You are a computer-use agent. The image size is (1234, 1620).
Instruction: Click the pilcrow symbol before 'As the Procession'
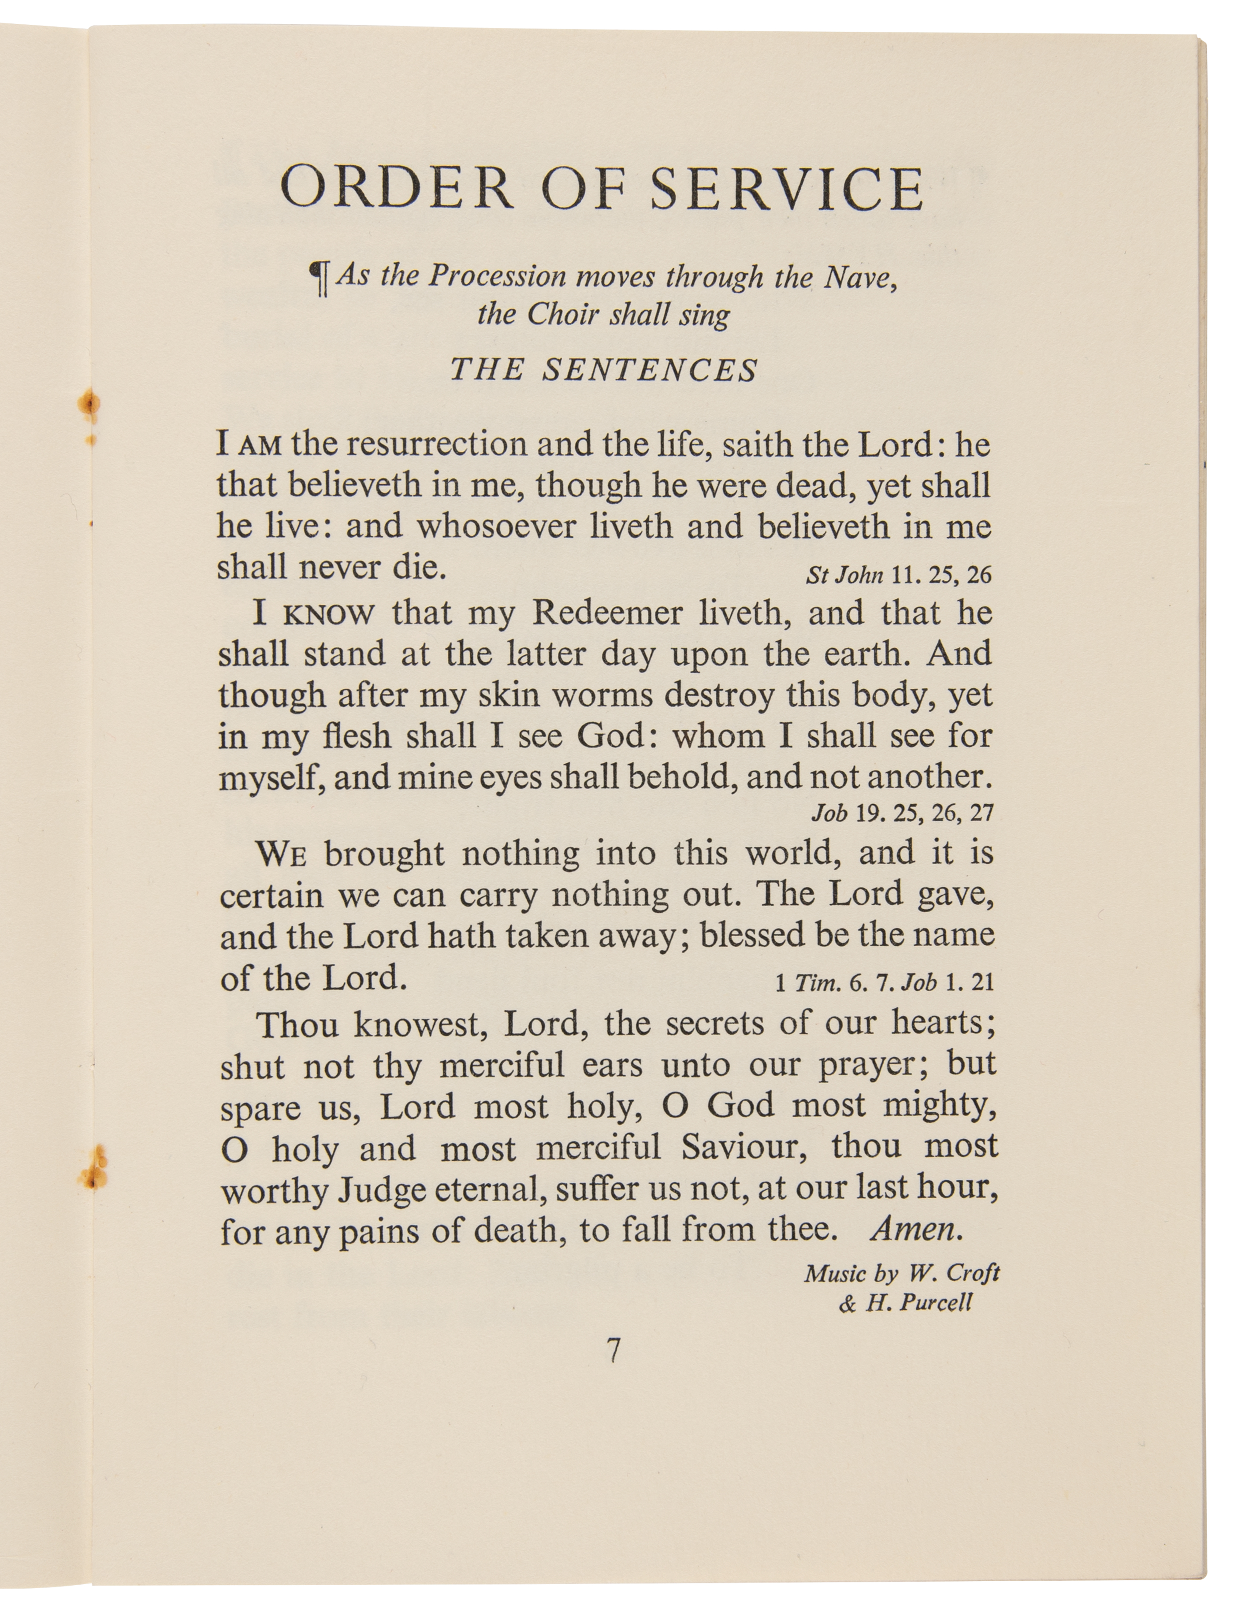pos(320,280)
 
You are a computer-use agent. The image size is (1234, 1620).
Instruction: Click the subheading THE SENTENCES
pos(604,369)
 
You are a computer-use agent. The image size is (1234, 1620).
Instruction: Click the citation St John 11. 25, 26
pos(898,574)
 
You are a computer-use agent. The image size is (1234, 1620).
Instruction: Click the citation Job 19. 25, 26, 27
pos(902,813)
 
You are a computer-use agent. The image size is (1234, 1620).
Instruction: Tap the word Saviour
pos(744,1147)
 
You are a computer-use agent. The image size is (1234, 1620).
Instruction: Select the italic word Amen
pos(916,1229)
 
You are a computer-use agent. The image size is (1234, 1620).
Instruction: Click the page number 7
pos(614,1350)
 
